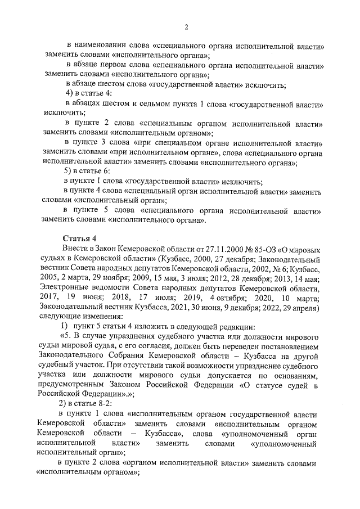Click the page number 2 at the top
186,26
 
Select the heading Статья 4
79,238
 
